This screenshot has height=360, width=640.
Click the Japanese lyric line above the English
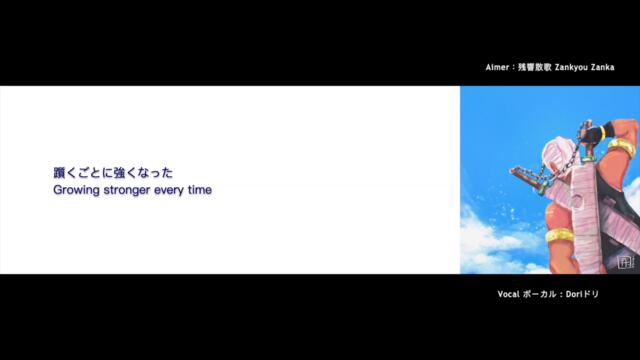pos(120,172)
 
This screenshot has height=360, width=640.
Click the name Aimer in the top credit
pos(498,69)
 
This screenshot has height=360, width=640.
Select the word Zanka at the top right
pos(618,69)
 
